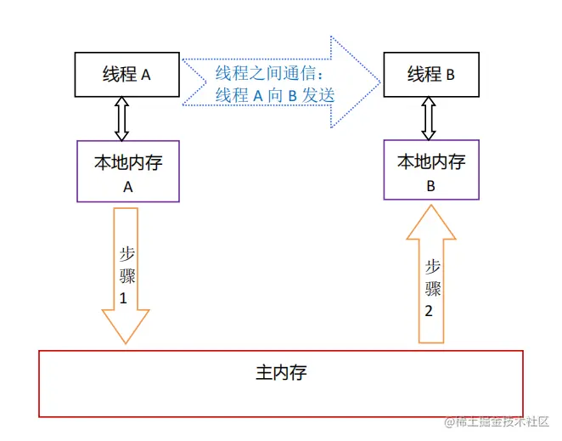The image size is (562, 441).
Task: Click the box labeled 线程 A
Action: coord(126,74)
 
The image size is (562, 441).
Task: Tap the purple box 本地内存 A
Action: coord(128,171)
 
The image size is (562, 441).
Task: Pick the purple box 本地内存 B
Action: coord(430,170)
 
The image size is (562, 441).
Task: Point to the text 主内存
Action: coord(280,372)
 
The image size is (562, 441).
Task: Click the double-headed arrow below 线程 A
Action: coord(121,118)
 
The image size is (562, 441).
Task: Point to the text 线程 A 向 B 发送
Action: coord(275,95)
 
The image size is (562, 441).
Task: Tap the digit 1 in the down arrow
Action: coord(125,298)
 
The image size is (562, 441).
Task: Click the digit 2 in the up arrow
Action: coord(429,310)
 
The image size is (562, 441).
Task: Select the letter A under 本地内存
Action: coord(128,187)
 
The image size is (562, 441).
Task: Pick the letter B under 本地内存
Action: coord(430,186)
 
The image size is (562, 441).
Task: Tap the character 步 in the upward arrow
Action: coord(432,266)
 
